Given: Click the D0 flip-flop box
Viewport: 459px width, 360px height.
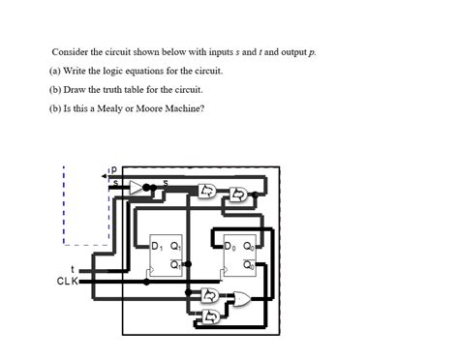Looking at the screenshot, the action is click(x=238, y=256).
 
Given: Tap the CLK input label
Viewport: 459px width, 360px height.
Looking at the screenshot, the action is click(x=68, y=282).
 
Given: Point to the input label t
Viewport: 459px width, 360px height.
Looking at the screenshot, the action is click(x=73, y=269).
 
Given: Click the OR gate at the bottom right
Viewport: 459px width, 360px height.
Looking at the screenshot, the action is click(x=235, y=298).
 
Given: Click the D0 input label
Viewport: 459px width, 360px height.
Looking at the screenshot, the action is click(x=229, y=246).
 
